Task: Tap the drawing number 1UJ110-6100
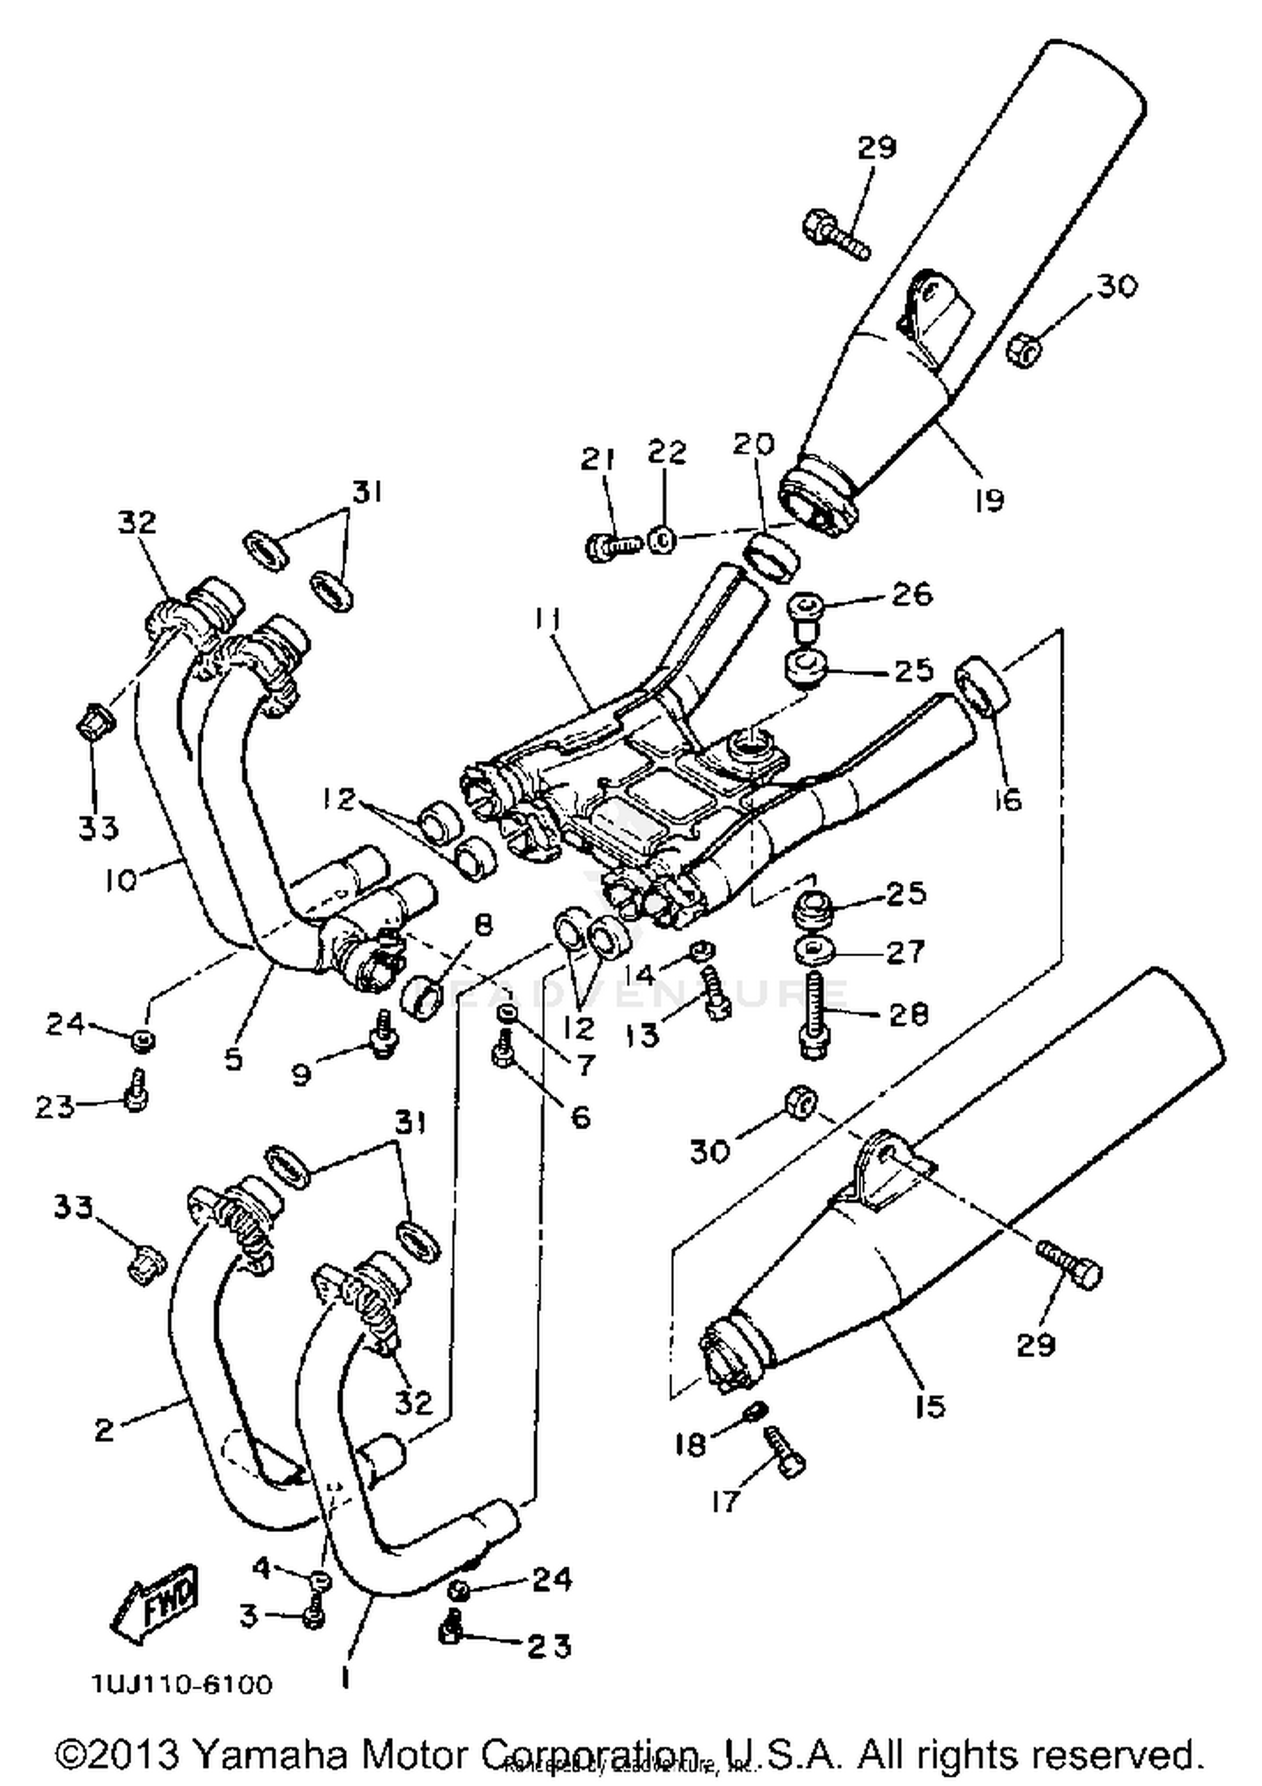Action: pos(182,1685)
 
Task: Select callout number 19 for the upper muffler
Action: pos(989,499)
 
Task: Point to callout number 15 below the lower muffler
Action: pos(930,1405)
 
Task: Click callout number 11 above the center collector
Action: pos(548,620)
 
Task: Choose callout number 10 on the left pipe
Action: pos(121,880)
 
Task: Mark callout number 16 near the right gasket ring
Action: pos(1006,799)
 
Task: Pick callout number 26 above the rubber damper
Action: pos(912,594)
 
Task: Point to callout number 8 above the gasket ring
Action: pos(482,926)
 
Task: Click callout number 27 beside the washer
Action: pos(905,952)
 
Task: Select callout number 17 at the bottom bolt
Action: pos(724,1500)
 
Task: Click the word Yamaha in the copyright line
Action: pos(268,1754)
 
